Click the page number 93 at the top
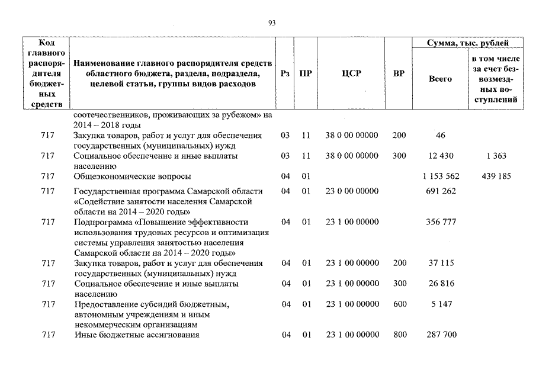click(x=272, y=23)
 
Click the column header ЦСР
click(x=351, y=73)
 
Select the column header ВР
click(x=399, y=73)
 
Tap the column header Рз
click(x=285, y=73)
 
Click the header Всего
click(x=440, y=78)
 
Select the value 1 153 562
click(x=441, y=176)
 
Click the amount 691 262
click(x=441, y=191)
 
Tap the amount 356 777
click(x=441, y=221)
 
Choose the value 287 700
click(x=441, y=335)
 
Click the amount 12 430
click(x=441, y=156)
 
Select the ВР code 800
click(x=399, y=335)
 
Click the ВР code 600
click(x=399, y=304)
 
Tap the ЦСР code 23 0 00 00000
click(x=352, y=191)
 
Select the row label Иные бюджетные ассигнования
click(x=136, y=335)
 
